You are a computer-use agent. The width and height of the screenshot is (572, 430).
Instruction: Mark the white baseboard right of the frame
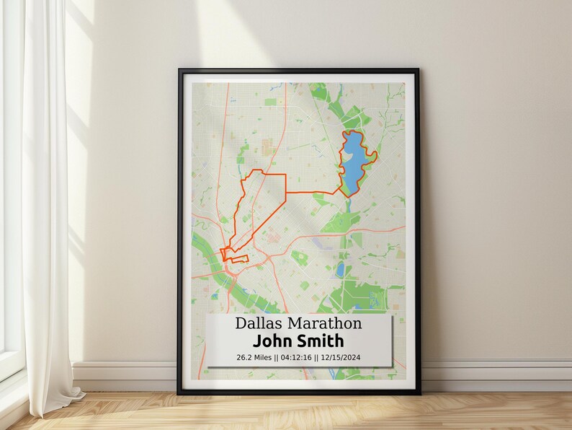tap(497, 375)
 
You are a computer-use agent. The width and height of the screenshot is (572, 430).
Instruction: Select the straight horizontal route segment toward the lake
tap(310, 193)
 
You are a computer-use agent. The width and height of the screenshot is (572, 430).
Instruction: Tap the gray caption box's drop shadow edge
tap(393, 346)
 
